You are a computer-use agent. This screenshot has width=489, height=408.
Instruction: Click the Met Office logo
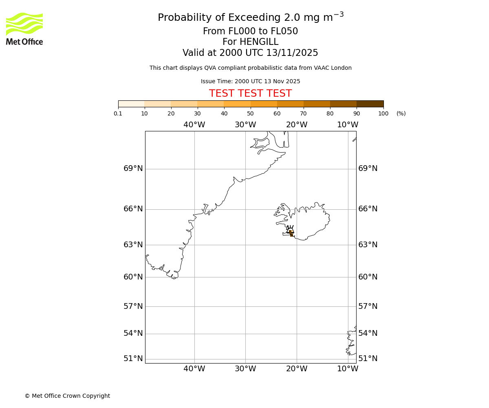(24, 29)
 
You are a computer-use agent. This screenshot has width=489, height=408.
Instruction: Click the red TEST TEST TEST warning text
(250, 93)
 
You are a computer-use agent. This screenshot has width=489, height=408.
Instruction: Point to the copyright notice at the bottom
(67, 396)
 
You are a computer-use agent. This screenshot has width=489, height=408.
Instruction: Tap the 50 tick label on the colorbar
(250, 113)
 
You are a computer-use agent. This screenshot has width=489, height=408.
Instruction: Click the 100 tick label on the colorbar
(383, 113)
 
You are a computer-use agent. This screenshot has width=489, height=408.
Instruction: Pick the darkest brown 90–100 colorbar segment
(370, 104)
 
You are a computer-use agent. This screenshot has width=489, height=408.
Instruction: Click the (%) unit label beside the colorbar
(401, 113)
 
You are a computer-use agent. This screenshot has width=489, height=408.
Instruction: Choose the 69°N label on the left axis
(133, 169)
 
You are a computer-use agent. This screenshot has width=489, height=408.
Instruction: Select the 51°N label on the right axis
(368, 359)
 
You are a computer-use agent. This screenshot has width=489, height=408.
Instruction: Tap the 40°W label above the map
(194, 125)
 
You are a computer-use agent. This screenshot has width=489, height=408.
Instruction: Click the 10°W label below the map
(348, 369)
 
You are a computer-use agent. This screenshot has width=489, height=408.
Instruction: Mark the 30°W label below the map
(245, 369)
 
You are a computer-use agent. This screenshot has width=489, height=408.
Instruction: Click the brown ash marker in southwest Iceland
(291, 233)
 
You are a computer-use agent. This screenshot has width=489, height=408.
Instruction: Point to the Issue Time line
(250, 81)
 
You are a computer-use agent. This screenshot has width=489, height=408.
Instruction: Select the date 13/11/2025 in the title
(292, 53)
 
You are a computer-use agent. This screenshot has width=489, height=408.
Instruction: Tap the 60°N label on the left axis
(133, 277)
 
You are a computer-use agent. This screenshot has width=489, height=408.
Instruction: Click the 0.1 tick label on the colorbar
(118, 113)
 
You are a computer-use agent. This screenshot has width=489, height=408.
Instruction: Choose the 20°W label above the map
(296, 125)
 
